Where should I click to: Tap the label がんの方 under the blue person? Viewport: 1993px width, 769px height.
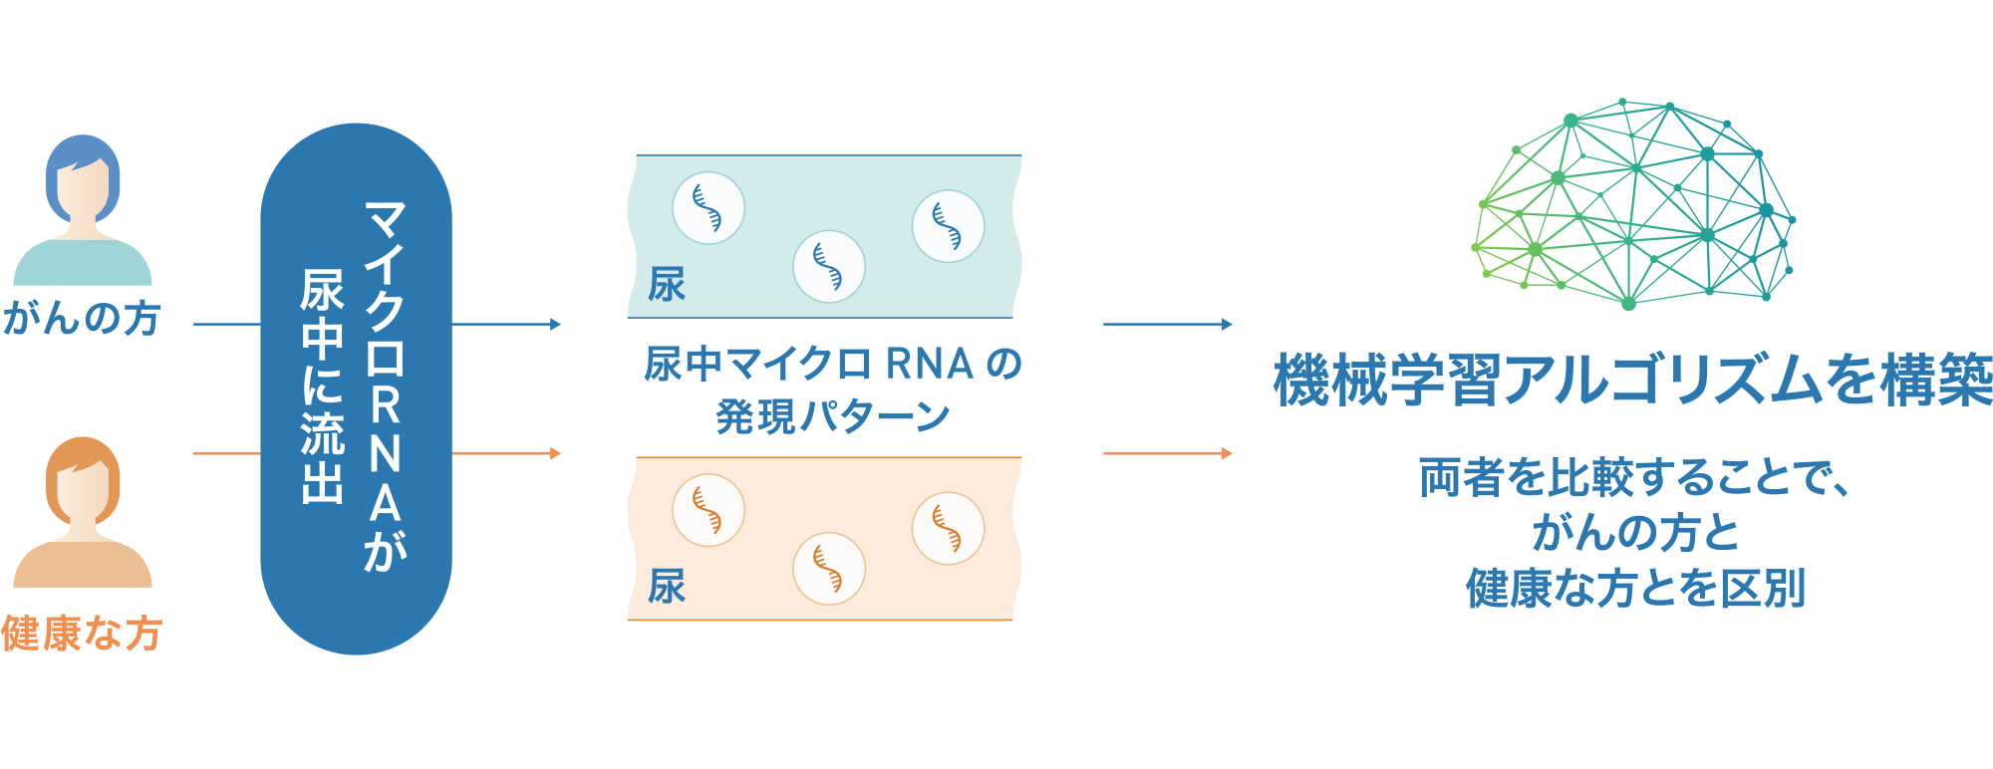click(x=82, y=319)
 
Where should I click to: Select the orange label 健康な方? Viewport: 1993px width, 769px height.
click(x=82, y=634)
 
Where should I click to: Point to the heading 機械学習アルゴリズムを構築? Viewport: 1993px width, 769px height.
click(x=1633, y=381)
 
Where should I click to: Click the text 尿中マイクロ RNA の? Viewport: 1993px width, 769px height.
click(x=833, y=365)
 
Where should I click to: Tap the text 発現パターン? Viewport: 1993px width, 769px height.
click(x=833, y=416)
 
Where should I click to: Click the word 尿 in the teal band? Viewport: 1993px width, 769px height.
click(x=667, y=285)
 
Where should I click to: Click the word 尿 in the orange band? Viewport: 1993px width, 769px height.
click(x=667, y=587)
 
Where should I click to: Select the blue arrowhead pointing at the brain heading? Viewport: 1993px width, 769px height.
click(x=1227, y=324)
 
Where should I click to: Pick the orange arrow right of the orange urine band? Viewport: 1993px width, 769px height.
click(x=1168, y=453)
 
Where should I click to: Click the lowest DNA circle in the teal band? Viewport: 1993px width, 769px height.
click(x=829, y=267)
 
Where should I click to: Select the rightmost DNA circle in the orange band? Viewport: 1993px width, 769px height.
click(x=948, y=529)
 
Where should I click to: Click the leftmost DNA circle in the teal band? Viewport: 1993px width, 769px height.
click(x=709, y=208)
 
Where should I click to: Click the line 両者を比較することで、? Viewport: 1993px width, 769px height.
click(x=1634, y=478)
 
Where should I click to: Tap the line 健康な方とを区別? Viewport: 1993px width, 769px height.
click(x=1634, y=588)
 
